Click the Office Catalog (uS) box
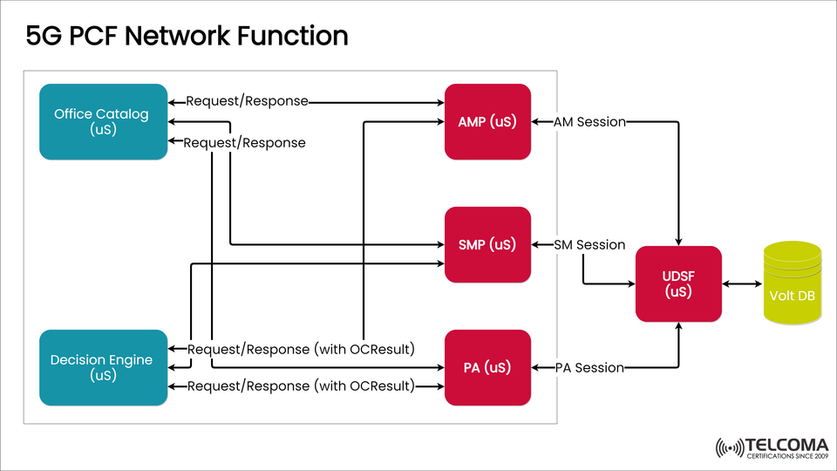pyautogui.click(x=102, y=121)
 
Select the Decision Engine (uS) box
pyautogui.click(x=102, y=367)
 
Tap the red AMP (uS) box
pyautogui.click(x=487, y=121)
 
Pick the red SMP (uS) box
pyautogui.click(x=487, y=244)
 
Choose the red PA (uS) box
pyautogui.click(x=487, y=367)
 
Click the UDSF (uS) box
pyautogui.click(x=678, y=284)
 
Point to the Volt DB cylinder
pyautogui.click(x=792, y=284)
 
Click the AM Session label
pyautogui.click(x=589, y=122)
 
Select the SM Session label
pyautogui.click(x=589, y=245)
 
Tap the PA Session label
pyautogui.click(x=589, y=368)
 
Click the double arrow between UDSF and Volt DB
pyautogui.click(x=742, y=284)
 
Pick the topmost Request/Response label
pyautogui.click(x=247, y=101)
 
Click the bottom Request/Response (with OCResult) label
pyautogui.click(x=301, y=386)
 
